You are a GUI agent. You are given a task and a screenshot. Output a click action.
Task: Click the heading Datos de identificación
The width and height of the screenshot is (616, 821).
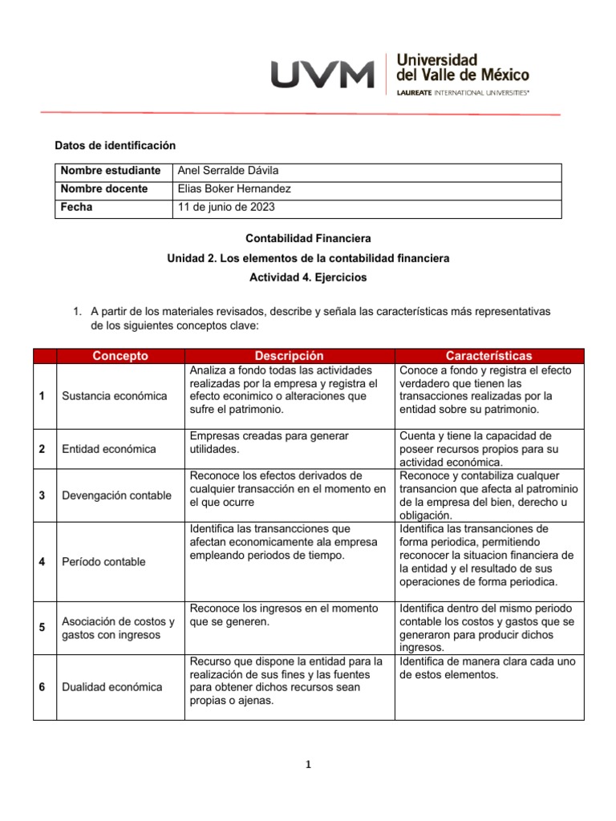114,145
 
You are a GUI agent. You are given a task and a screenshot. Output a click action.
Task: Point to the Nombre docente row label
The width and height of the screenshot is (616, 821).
104,189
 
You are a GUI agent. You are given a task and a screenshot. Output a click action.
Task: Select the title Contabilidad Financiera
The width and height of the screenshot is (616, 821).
308,239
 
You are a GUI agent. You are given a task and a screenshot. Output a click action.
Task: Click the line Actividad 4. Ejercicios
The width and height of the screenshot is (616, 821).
308,277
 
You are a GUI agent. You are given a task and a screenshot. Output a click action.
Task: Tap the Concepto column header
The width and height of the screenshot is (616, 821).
120,356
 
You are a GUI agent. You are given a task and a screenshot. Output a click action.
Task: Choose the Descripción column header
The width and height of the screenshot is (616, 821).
290,356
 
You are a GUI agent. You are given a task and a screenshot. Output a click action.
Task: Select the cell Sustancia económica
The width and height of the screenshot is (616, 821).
115,396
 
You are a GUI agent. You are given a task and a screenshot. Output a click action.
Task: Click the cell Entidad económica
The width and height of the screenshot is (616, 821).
108,449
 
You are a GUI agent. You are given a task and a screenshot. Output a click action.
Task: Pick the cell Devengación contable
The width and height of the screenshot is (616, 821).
116,495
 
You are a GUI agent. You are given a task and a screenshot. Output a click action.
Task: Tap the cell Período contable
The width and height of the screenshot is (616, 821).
103,562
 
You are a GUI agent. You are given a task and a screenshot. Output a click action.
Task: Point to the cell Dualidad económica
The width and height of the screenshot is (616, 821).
111,687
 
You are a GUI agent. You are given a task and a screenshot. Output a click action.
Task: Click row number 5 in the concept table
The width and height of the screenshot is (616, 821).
42,628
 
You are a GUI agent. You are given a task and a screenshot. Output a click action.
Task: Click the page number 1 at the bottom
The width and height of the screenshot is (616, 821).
307,764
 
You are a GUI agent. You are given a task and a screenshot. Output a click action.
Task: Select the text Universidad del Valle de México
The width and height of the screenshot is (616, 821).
463,67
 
